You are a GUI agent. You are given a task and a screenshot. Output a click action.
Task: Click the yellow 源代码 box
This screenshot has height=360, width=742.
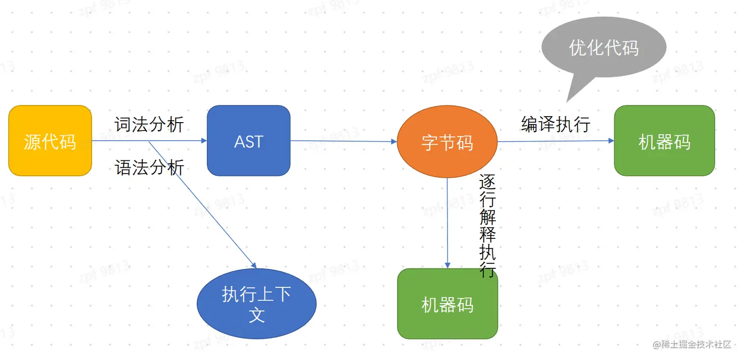pyautogui.click(x=50, y=141)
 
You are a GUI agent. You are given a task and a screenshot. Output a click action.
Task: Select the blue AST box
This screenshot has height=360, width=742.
pyautogui.click(x=248, y=141)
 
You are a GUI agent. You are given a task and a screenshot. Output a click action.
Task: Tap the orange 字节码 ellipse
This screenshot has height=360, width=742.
pyautogui.click(x=447, y=142)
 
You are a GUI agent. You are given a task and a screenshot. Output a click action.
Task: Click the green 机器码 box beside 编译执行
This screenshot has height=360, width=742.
pyautogui.click(x=664, y=141)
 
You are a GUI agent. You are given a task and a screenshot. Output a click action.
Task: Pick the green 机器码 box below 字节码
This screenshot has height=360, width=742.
pyautogui.click(x=448, y=304)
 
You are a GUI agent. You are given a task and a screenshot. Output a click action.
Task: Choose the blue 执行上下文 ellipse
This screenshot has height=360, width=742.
pyautogui.click(x=256, y=304)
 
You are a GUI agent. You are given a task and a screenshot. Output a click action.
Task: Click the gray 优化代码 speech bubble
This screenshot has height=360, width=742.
pyautogui.click(x=604, y=48)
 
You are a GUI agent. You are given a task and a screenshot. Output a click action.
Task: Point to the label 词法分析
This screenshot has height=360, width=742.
pyautogui.click(x=149, y=125)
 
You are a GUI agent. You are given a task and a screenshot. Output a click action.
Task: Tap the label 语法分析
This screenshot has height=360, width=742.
pyautogui.click(x=149, y=168)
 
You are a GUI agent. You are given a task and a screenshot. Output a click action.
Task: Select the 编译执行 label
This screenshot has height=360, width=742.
pyautogui.click(x=556, y=124)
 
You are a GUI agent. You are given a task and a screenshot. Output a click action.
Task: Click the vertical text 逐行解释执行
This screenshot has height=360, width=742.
pyautogui.click(x=487, y=226)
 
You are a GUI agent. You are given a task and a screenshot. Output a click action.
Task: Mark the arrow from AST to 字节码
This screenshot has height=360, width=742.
pyautogui.click(x=344, y=141)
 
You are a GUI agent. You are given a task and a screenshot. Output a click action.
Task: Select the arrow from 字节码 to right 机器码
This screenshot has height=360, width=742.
pyautogui.click(x=555, y=141)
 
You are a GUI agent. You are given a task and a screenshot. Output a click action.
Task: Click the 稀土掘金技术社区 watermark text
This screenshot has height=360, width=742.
pyautogui.click(x=692, y=344)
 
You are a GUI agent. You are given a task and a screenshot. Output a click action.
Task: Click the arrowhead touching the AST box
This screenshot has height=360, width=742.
pyautogui.click(x=204, y=141)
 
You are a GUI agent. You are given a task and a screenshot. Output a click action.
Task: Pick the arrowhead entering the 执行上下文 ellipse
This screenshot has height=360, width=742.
pyautogui.click(x=254, y=265)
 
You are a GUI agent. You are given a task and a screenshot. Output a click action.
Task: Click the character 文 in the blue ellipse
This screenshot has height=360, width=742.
pyautogui.click(x=257, y=314)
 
